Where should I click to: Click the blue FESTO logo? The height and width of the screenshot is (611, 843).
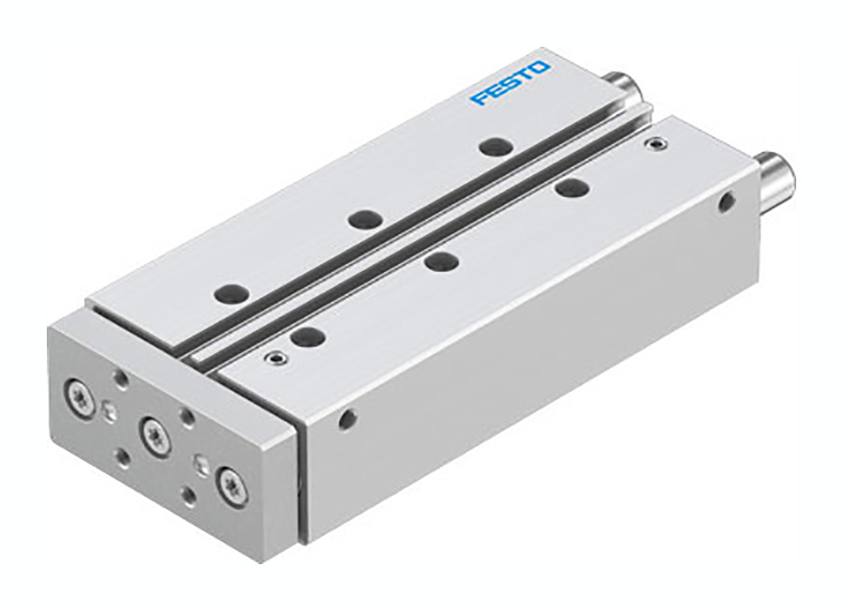[x=510, y=82]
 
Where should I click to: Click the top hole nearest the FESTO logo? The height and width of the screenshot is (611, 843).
[x=494, y=146]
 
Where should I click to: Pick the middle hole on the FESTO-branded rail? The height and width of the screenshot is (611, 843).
[x=363, y=219]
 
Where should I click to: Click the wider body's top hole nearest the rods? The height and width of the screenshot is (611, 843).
[x=570, y=188]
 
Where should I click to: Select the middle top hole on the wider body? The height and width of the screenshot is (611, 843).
[x=439, y=261]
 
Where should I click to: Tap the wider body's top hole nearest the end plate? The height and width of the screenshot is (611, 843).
[x=306, y=336]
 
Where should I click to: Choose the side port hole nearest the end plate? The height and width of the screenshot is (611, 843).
[x=348, y=419]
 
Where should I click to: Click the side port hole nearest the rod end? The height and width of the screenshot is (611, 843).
[x=726, y=201]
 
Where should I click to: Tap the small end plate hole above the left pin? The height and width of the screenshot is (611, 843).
[x=121, y=378]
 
